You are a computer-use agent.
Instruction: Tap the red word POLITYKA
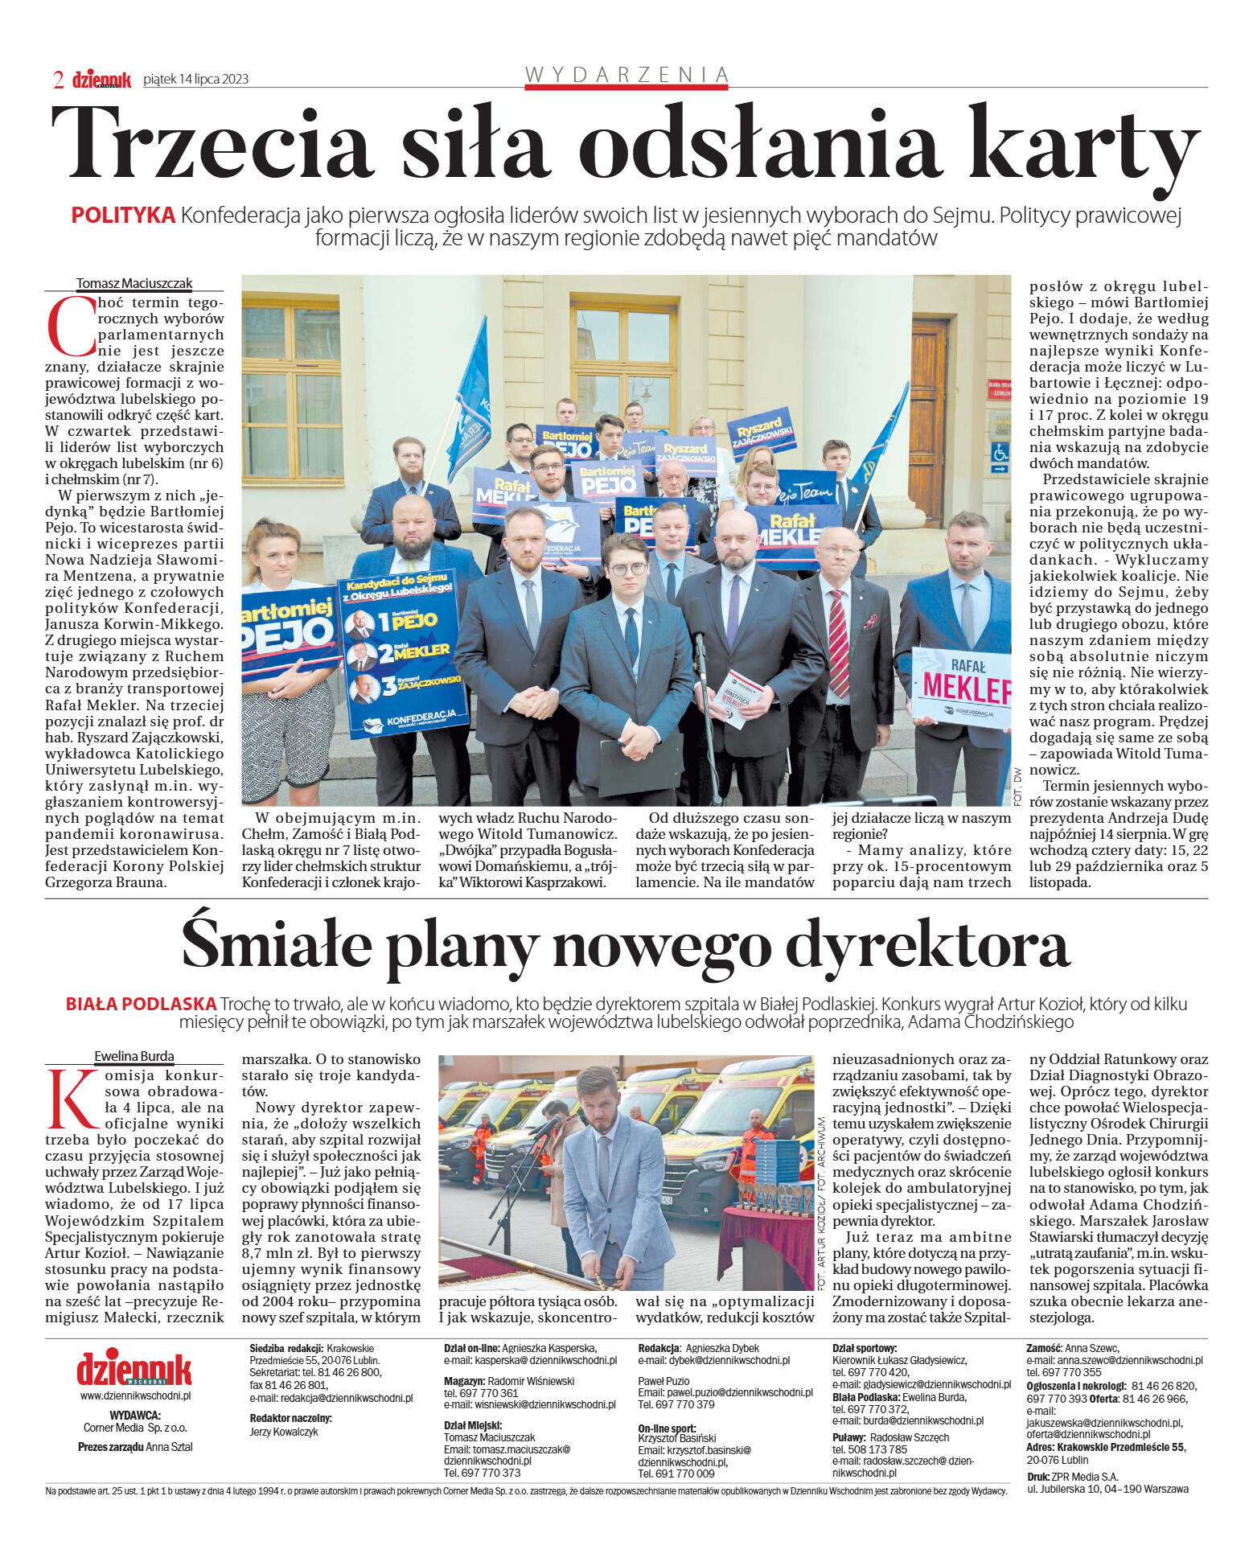coord(123,216)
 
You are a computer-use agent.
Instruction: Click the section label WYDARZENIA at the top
coord(626,75)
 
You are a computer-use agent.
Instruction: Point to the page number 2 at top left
coord(58,79)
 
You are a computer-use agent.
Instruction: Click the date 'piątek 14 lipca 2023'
coord(195,79)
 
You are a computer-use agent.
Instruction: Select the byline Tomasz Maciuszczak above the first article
coord(134,283)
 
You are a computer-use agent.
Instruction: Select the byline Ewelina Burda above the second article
coord(134,1056)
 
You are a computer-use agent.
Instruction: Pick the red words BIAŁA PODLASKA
coord(142,1004)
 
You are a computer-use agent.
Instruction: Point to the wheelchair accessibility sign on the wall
coord(999,453)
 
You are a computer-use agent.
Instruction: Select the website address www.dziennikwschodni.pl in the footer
coord(134,1395)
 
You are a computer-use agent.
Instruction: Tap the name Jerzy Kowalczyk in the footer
coord(284,1432)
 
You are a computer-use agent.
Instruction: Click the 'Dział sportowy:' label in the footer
coord(865,1348)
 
